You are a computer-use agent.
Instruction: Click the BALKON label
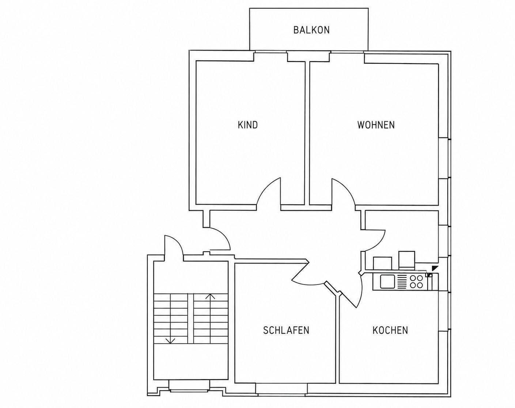[x=311, y=30]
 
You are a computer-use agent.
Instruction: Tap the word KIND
[x=248, y=125]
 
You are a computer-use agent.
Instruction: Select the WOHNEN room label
[x=376, y=125]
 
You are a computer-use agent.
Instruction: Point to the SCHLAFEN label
[x=286, y=330]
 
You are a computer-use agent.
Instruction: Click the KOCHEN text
[x=390, y=330]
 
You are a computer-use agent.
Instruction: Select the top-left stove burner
[x=413, y=278]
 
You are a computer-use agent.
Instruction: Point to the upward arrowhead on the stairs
[x=210, y=297]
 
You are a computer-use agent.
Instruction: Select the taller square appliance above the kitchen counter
[x=406, y=259]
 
